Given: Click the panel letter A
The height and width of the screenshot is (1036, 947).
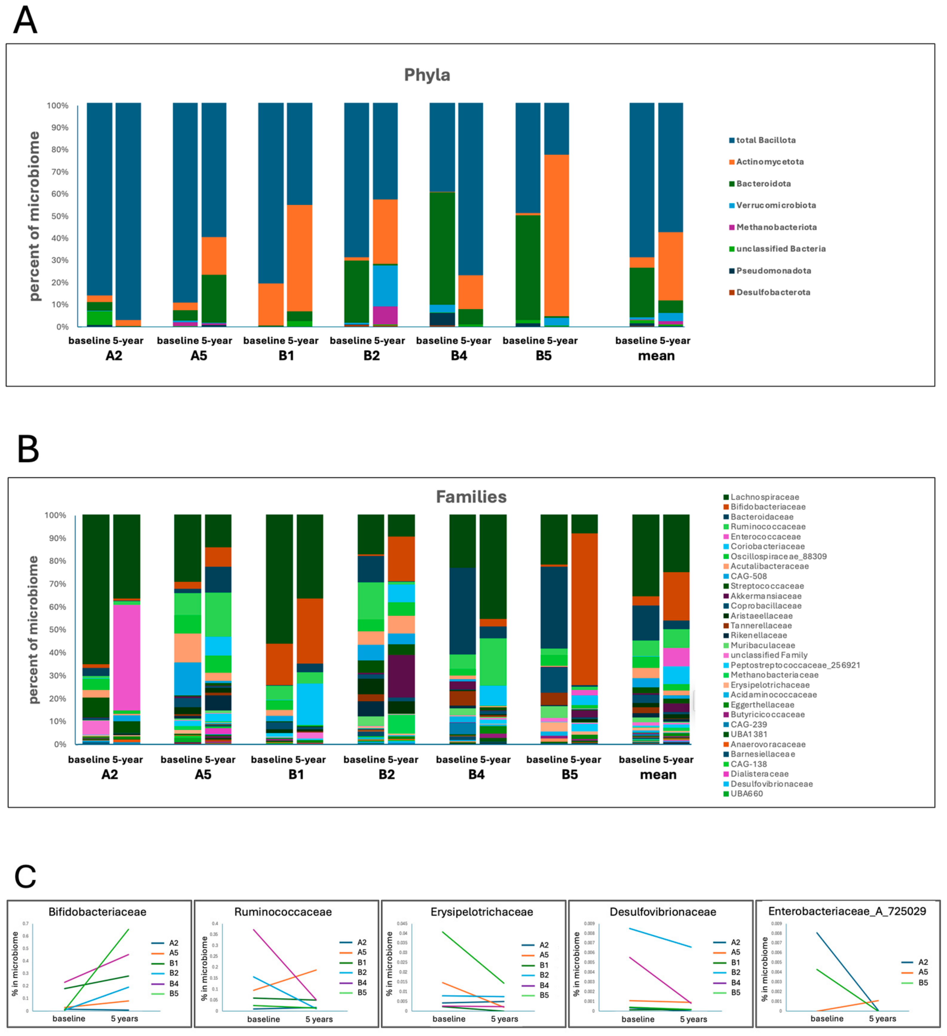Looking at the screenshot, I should [25, 21].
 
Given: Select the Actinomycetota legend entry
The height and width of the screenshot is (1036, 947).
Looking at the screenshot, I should [769, 162].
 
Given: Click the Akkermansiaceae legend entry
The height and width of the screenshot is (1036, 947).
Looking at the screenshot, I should [766, 596].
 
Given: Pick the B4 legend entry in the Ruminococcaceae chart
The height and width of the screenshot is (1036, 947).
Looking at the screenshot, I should [362, 983].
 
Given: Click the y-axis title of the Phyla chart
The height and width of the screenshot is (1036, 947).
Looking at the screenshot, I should [34, 216].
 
